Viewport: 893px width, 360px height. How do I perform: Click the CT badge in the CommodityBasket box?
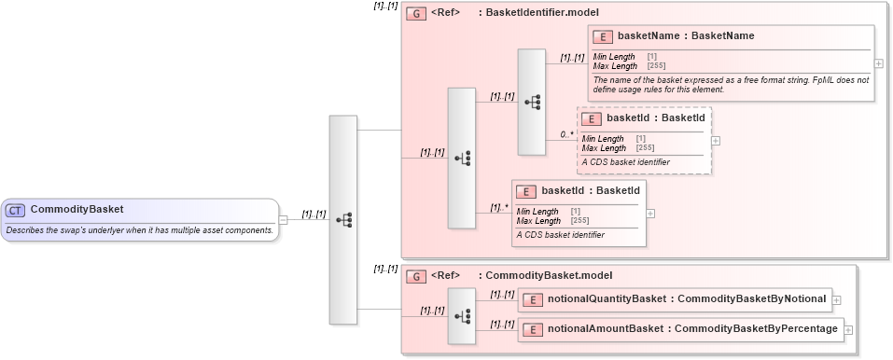point(16,210)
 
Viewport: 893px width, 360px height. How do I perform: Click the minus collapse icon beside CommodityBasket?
point(284,220)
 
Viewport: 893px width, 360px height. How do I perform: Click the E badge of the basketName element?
point(603,36)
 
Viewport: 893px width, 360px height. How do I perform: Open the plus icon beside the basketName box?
point(879,63)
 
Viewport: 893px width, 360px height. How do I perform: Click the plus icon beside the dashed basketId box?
point(716,140)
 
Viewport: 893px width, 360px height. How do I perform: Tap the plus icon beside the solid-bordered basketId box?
point(650,213)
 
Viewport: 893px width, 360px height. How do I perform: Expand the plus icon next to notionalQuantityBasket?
point(837,299)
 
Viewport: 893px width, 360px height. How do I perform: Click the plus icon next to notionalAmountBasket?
point(848,329)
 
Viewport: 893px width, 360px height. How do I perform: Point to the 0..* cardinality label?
point(566,134)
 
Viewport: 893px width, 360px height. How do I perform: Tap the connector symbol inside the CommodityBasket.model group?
point(462,315)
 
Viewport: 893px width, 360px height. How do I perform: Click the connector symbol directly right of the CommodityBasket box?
point(343,220)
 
